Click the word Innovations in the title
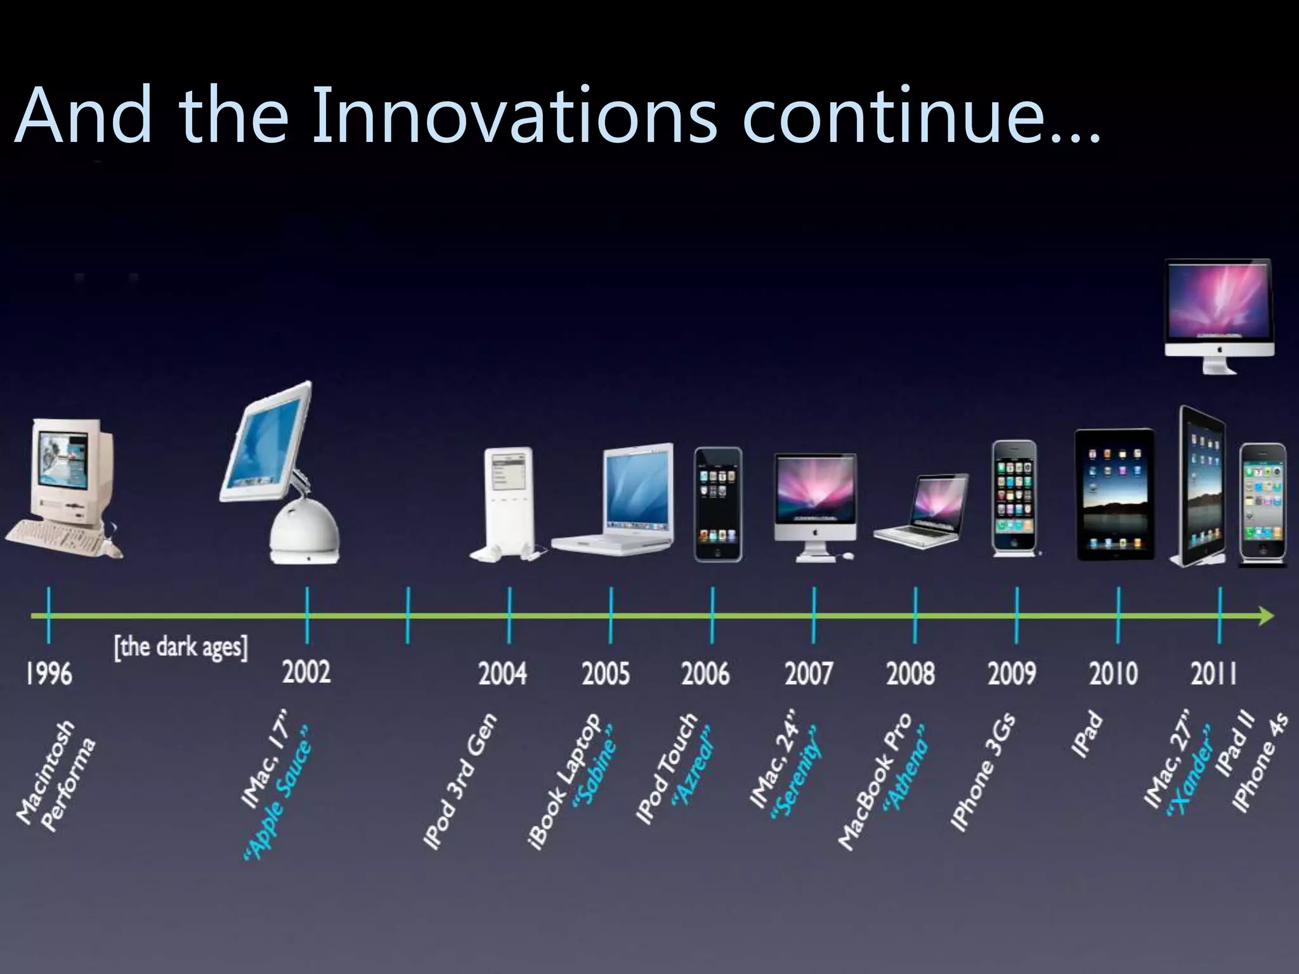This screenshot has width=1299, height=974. click(x=514, y=116)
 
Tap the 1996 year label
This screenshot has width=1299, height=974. click(x=49, y=673)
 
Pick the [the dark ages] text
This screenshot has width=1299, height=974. click(x=181, y=647)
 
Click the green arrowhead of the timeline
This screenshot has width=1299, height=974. click(x=1265, y=616)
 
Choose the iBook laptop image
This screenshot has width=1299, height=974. click(x=618, y=501)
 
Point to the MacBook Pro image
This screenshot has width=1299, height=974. click(x=923, y=514)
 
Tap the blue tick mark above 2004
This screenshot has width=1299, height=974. click(x=509, y=615)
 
